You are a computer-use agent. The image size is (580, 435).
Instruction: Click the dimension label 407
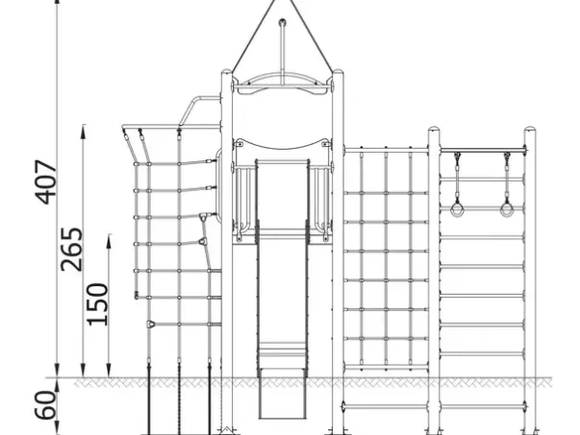click(46, 181)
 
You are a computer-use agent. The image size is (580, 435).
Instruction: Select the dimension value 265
click(72, 250)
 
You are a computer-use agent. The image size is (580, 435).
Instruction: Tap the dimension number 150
click(98, 304)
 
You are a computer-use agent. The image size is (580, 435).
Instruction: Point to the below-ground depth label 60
click(46, 405)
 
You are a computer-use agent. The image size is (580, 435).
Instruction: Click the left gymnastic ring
click(457, 209)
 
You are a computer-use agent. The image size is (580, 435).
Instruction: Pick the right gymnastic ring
click(507, 209)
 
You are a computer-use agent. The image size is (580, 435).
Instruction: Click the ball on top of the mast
click(283, 22)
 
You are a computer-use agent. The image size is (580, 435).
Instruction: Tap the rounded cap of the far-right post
click(530, 130)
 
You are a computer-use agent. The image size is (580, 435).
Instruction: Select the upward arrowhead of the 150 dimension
click(109, 239)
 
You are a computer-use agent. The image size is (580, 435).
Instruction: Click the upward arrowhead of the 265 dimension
click(84, 131)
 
